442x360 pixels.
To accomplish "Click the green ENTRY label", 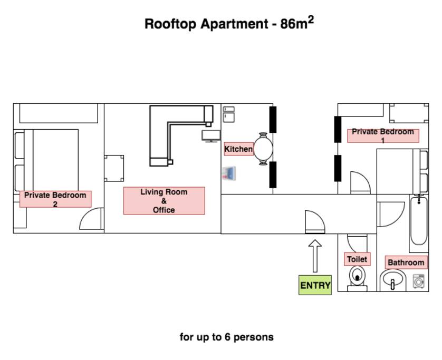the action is [x=315, y=285].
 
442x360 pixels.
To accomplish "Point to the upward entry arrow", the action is [x=315, y=256].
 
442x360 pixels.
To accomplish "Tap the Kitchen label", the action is [x=238, y=149].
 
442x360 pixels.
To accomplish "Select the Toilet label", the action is [x=357, y=259].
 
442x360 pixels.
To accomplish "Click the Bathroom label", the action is [x=406, y=262].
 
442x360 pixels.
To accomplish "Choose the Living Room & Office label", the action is [x=164, y=201].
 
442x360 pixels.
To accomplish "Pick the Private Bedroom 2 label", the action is [x=55, y=199].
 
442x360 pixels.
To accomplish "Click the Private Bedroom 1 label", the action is [x=383, y=135].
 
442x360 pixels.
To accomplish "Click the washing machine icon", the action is [x=419, y=281].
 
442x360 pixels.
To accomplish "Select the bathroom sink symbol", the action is [x=393, y=280].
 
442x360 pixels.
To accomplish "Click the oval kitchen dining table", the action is [x=263, y=149].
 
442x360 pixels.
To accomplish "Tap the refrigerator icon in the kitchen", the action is [x=229, y=114].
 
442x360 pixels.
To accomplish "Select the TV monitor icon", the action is [x=211, y=136].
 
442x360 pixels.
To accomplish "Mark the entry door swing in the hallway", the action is [x=315, y=222].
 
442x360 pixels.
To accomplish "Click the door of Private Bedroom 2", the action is [x=91, y=219].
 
